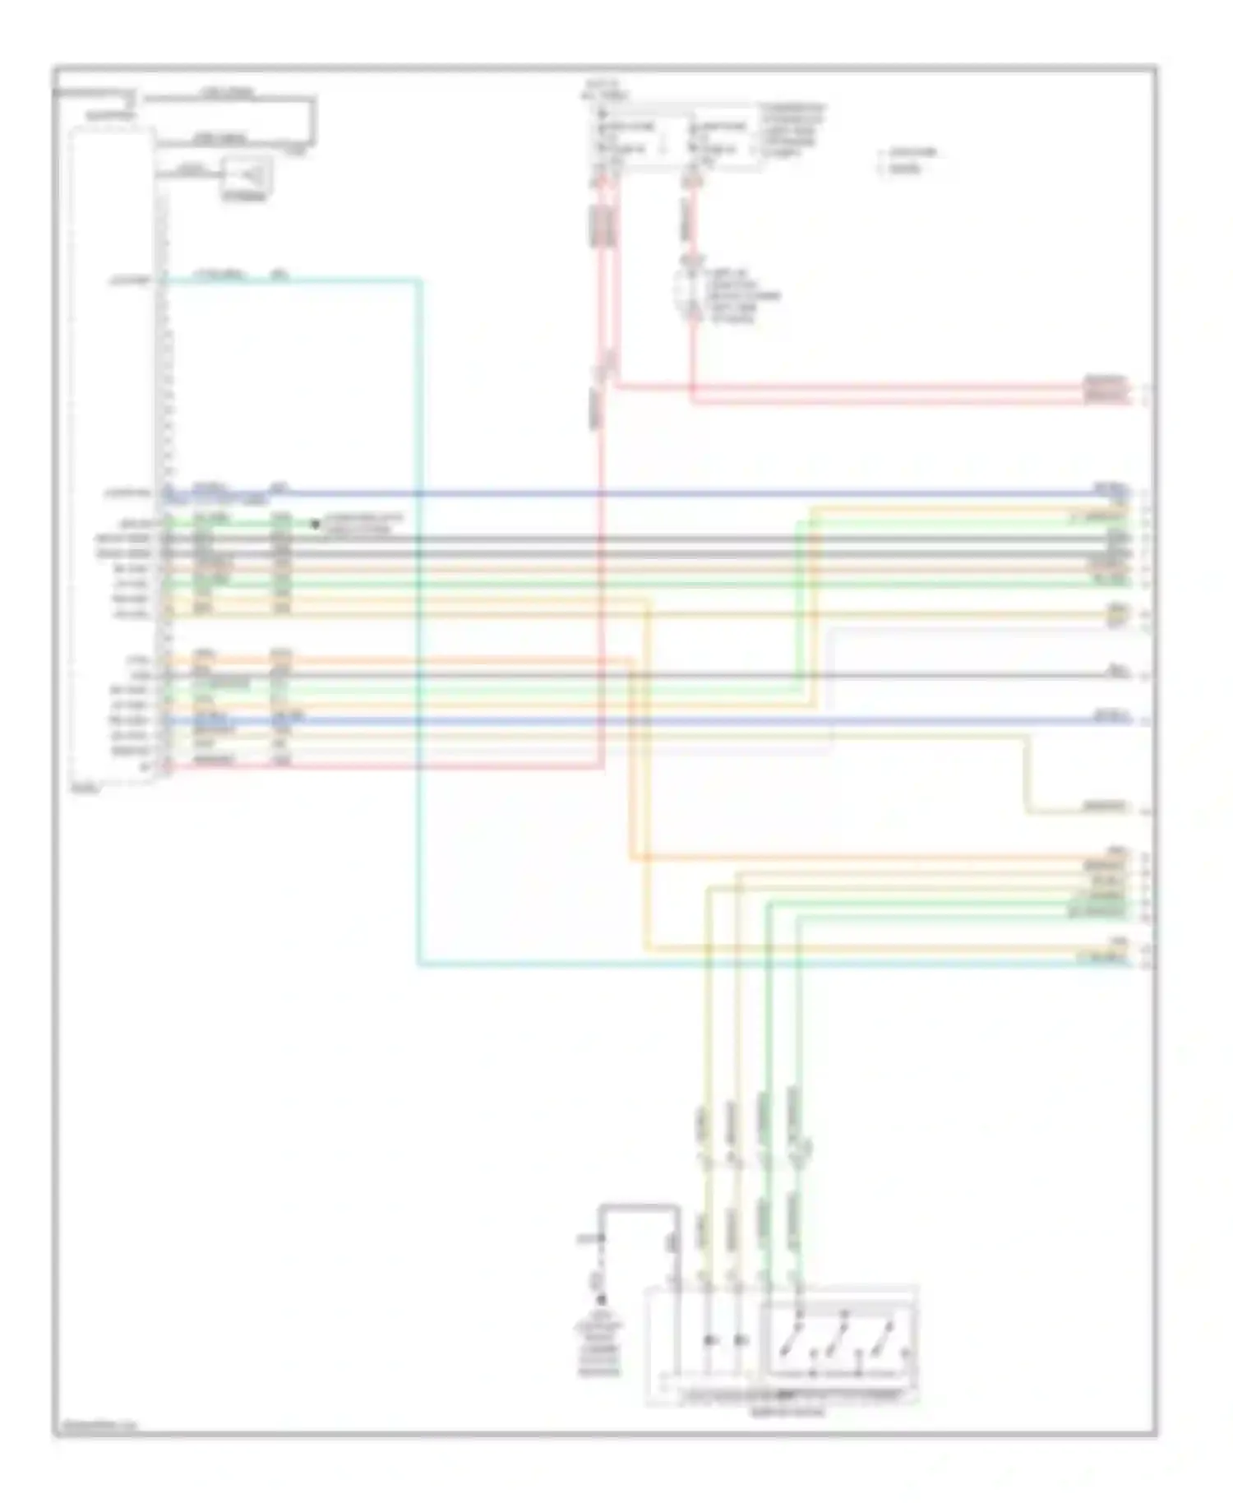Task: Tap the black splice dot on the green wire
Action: point(314,524)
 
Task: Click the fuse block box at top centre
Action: point(678,138)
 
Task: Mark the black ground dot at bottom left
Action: point(601,1299)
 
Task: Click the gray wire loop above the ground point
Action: point(641,1207)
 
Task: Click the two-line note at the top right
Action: point(908,160)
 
